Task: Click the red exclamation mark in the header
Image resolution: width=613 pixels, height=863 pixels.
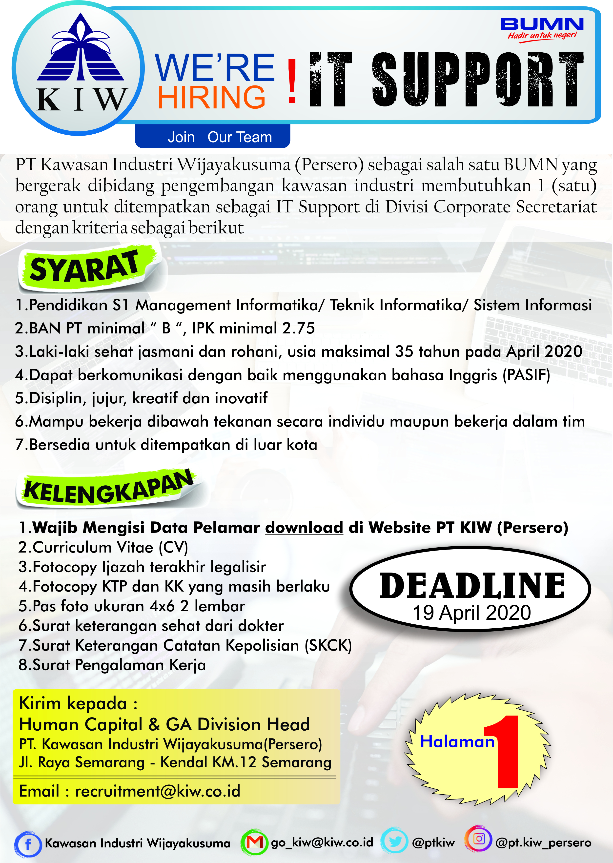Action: click(x=292, y=82)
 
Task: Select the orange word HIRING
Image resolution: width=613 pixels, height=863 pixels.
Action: click(x=211, y=97)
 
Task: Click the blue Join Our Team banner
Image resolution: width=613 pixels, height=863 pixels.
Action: click(x=212, y=137)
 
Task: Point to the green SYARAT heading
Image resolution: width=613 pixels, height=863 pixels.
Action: click(x=85, y=268)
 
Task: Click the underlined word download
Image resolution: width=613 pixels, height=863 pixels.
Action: click(x=304, y=527)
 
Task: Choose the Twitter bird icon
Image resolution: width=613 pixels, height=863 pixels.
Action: click(x=394, y=842)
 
